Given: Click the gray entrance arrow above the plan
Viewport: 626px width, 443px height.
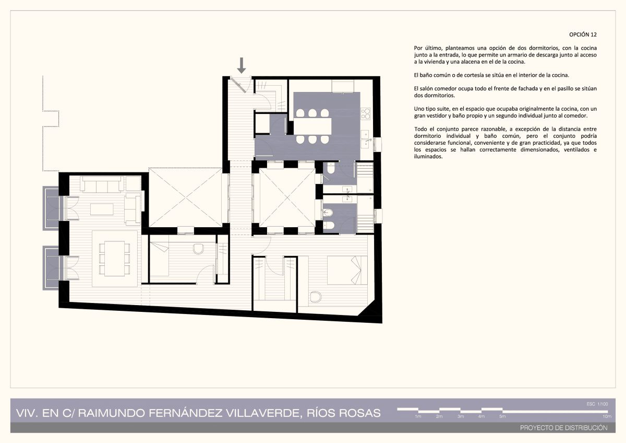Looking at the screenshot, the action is tap(242, 65).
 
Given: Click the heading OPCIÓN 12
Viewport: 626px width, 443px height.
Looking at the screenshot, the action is tap(583, 34).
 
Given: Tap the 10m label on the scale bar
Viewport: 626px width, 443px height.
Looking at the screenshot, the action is tap(607, 416).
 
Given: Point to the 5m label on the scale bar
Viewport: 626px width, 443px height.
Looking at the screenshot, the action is tap(502, 416).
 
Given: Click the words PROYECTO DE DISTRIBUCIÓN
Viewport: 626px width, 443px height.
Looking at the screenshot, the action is tap(564, 428).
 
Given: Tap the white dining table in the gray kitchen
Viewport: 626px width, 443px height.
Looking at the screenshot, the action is tap(312, 126).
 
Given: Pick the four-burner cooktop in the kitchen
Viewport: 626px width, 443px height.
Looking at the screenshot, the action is tap(366, 113).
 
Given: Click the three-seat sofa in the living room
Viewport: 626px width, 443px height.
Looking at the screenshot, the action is tap(102, 184).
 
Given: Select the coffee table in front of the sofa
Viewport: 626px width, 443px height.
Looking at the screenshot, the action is tap(102, 209).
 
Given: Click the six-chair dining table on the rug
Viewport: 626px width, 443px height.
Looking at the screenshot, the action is tap(114, 258).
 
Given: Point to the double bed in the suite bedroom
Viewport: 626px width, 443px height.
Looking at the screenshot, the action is tap(347, 270).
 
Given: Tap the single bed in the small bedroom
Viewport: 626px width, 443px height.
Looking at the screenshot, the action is tap(159, 259).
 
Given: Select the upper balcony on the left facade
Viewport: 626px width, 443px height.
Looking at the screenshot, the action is tap(51, 208).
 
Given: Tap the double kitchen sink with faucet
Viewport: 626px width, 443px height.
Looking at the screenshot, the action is tap(366, 139).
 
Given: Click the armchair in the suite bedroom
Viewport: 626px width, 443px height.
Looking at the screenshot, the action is tap(316, 297).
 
